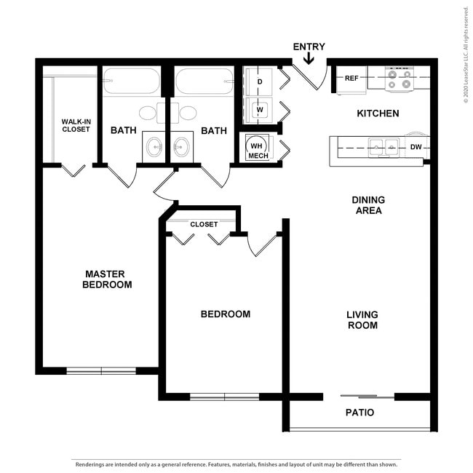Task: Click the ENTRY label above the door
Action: (309, 47)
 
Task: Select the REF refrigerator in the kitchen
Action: (351, 79)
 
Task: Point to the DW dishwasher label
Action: (416, 147)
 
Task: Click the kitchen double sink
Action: (383, 147)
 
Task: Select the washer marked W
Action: (259, 111)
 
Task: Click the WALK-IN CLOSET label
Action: (76, 124)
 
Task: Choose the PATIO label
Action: (359, 413)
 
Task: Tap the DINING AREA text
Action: (367, 205)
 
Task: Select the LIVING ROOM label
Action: (362, 320)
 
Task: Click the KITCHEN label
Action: (378, 114)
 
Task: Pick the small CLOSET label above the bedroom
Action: (204, 224)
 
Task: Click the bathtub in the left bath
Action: (131, 82)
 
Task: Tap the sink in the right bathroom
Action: (182, 148)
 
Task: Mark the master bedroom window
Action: (101, 370)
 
